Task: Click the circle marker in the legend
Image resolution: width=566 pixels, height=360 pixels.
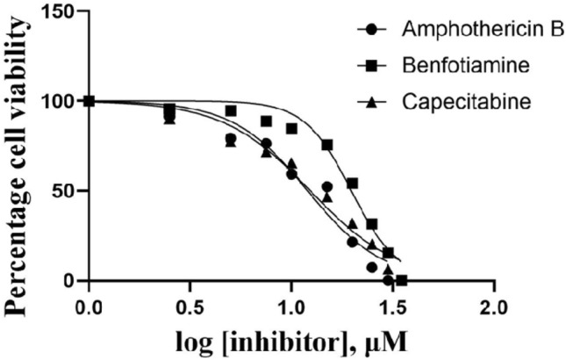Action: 372,30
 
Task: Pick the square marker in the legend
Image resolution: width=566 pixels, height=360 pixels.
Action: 372,66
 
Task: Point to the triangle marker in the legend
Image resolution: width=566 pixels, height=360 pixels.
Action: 372,103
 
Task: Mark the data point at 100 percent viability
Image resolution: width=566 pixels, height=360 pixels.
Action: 89,100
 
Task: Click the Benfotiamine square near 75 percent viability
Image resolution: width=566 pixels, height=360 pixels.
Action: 327,145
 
